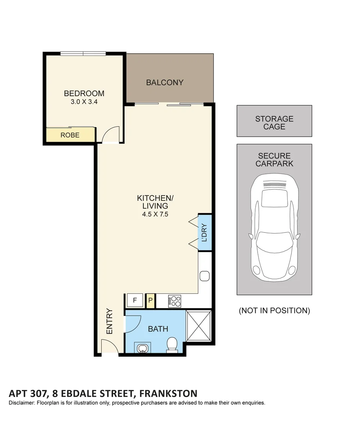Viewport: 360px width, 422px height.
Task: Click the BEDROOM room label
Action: (x=84, y=93)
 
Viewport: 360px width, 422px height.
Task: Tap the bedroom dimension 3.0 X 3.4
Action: (x=84, y=102)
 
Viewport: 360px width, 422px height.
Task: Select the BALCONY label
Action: (x=165, y=82)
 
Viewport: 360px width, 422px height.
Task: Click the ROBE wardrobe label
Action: (x=70, y=136)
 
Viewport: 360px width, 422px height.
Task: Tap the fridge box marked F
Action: (x=135, y=300)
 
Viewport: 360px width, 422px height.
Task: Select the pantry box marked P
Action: (x=150, y=301)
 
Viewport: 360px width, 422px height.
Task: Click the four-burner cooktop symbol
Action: (x=175, y=300)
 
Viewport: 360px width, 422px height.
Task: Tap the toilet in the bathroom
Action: (x=172, y=345)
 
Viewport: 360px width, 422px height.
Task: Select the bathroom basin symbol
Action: (x=142, y=347)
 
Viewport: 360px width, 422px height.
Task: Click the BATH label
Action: (x=158, y=329)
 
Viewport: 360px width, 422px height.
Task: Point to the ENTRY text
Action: (x=109, y=322)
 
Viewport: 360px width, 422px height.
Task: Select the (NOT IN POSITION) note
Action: (x=274, y=311)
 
